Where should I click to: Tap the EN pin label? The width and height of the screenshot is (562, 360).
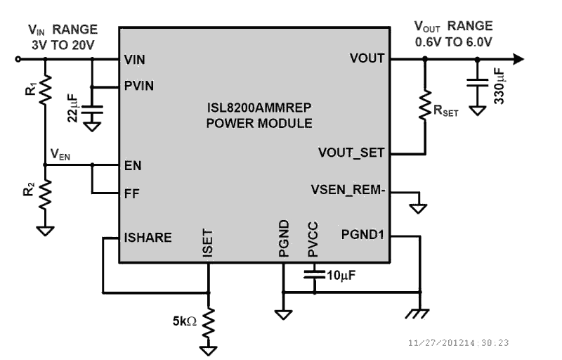tap(131, 166)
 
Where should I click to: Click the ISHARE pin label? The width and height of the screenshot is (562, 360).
tap(148, 238)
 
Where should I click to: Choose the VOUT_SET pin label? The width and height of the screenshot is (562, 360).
tap(351, 153)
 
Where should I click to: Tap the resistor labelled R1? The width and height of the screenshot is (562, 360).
tap(44, 91)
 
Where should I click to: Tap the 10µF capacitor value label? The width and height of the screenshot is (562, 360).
tap(341, 274)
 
